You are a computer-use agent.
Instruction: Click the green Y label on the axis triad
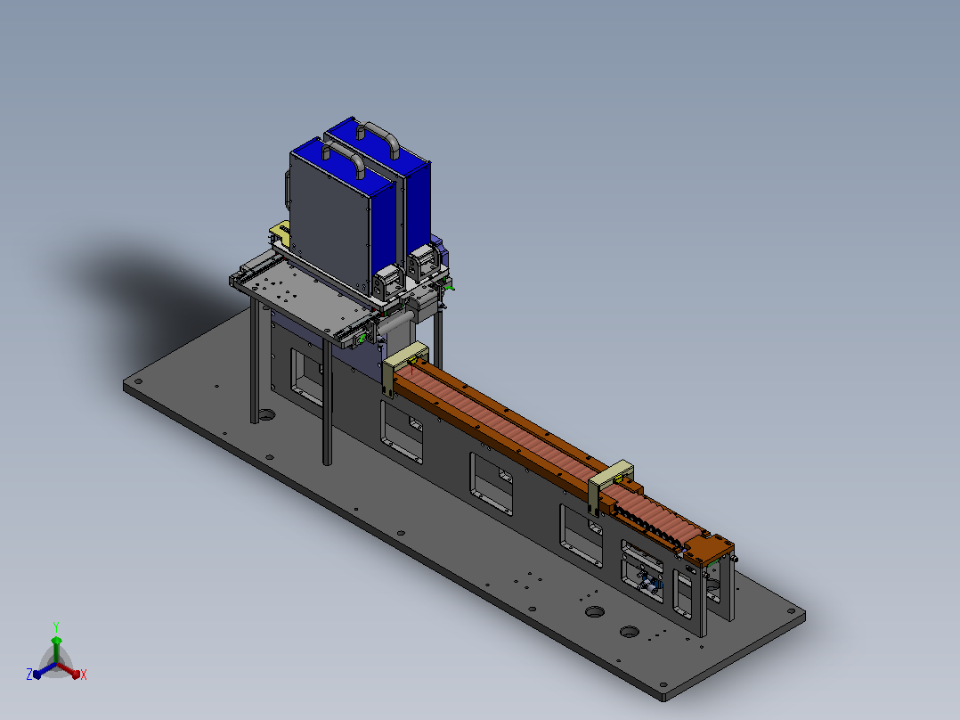click(x=56, y=626)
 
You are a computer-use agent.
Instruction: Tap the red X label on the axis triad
click(x=84, y=675)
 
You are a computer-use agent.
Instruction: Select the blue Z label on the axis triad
click(x=29, y=675)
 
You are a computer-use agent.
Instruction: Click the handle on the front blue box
click(x=344, y=157)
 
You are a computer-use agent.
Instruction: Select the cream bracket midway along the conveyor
click(x=610, y=484)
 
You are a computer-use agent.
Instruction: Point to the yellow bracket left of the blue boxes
click(x=281, y=233)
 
